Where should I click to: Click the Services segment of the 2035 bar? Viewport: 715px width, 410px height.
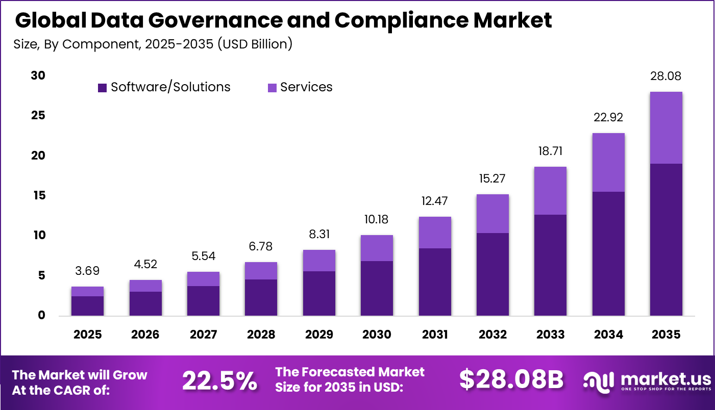pos(666,127)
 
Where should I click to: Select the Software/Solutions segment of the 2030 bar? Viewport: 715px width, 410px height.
pos(377,288)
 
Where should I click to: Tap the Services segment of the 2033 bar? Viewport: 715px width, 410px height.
pos(550,191)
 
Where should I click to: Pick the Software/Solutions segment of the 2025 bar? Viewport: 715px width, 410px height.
pos(87,305)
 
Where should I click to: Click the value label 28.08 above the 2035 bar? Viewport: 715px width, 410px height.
pos(666,76)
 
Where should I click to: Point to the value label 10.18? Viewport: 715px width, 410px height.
pos(377,220)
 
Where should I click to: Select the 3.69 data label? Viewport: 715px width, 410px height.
pos(87,271)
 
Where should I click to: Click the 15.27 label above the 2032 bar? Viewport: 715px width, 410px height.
pos(492,179)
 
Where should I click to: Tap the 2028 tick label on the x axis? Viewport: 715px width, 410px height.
pos(261,335)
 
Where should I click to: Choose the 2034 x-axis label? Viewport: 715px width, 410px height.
pos(608,335)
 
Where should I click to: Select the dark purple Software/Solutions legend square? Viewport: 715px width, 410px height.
pos(102,88)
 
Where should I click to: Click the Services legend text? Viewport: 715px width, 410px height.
pos(306,87)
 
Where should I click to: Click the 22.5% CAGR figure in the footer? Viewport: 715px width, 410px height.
pos(219,381)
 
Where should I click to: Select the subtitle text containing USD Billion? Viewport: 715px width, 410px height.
pos(153,44)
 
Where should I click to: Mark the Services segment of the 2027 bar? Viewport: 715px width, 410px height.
pos(203,279)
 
